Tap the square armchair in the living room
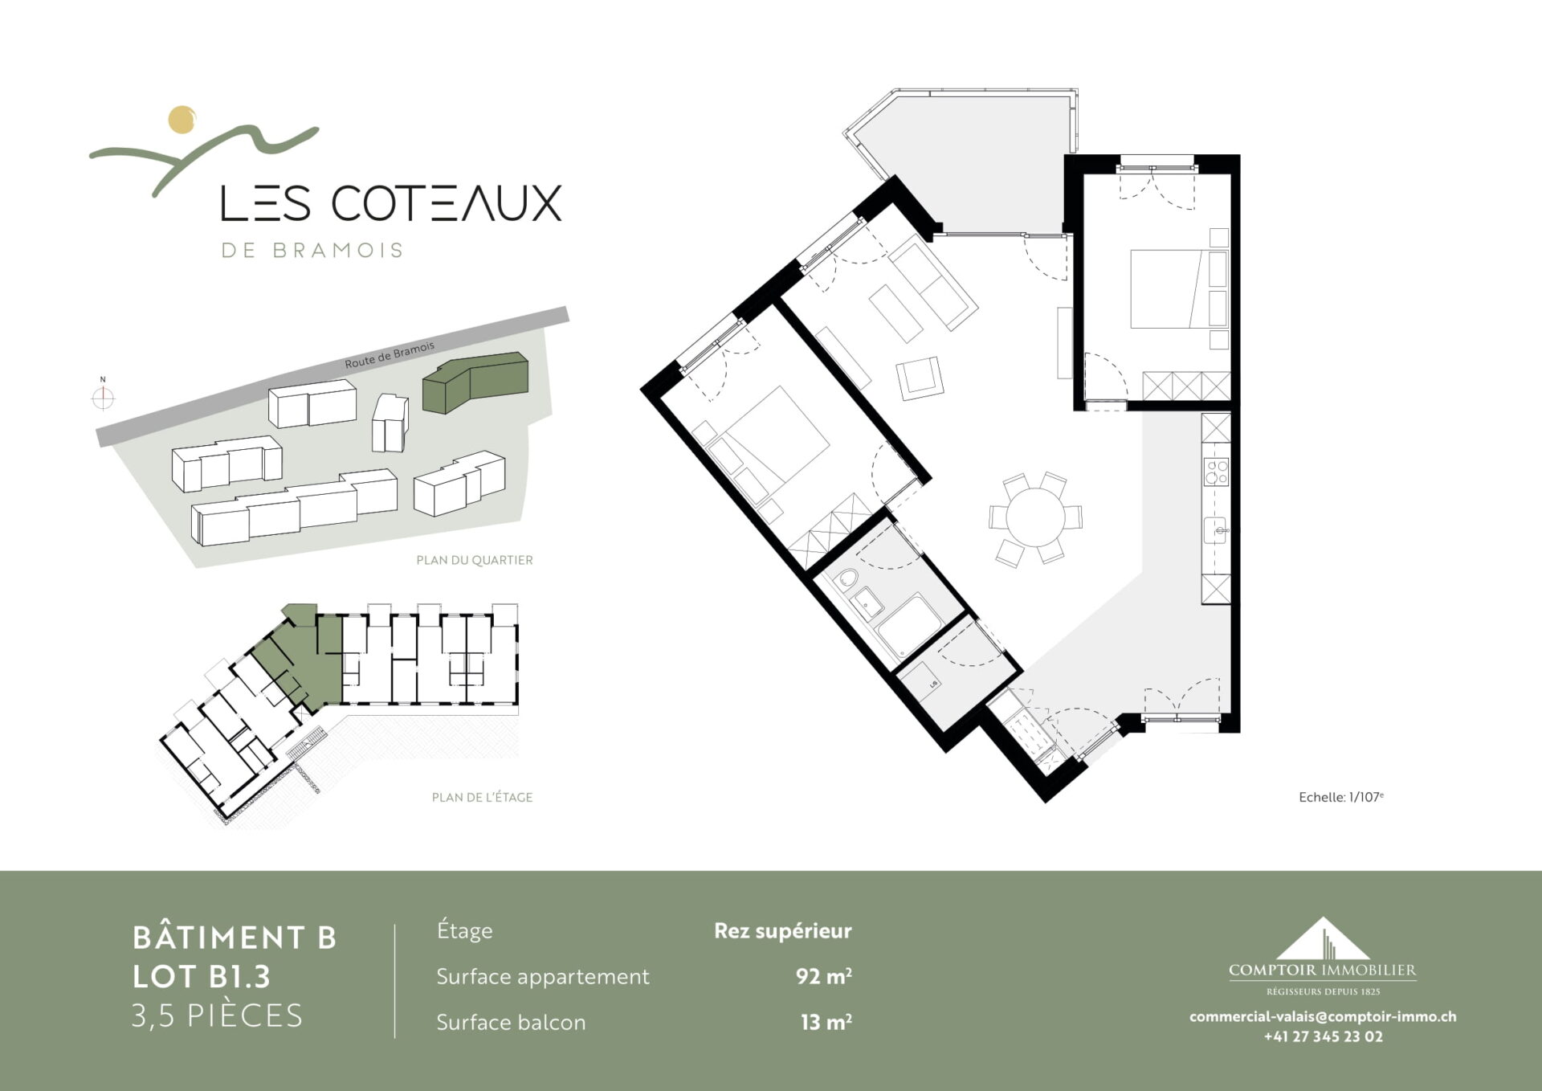click(920, 378)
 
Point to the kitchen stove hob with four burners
click(1216, 472)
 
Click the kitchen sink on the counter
click(1215, 530)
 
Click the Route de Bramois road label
click(390, 355)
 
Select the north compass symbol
click(103, 397)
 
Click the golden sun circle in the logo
click(182, 120)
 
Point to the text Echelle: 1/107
click(1341, 797)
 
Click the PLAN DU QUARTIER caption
click(475, 560)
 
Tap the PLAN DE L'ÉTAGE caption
click(482, 797)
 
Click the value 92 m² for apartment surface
click(824, 976)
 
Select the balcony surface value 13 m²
click(826, 1022)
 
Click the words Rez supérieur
click(783, 931)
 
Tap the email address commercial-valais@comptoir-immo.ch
click(1323, 1016)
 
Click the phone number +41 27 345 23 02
click(1324, 1036)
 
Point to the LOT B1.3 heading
click(202, 976)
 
